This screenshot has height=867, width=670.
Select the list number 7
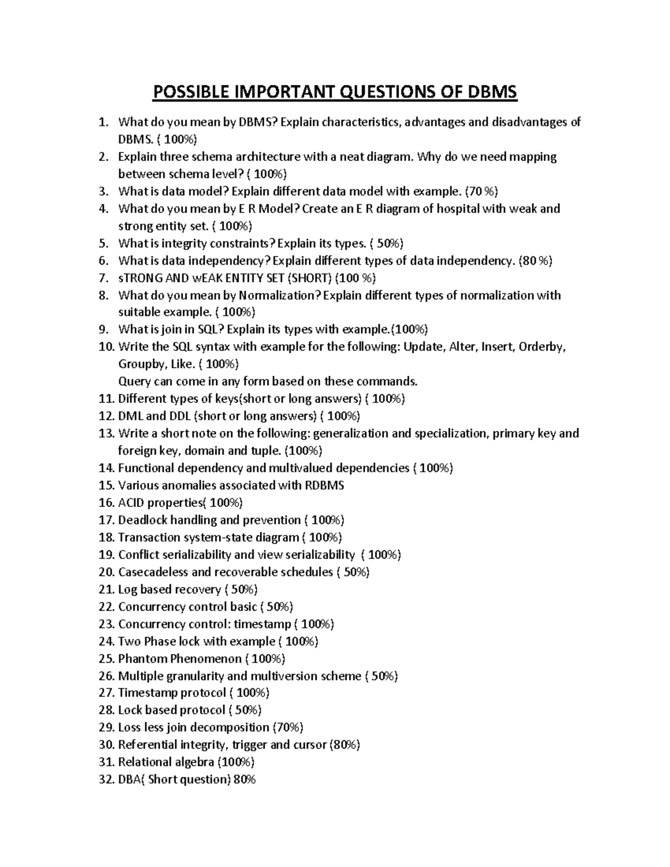coord(103,278)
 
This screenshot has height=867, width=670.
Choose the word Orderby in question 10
coord(542,347)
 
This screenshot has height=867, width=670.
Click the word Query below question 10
coord(134,382)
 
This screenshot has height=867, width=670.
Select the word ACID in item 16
coord(131,503)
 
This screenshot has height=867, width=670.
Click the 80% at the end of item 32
coord(245,780)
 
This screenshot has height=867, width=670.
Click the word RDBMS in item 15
coord(324,486)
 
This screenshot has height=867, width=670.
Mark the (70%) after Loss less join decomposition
coord(288,728)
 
